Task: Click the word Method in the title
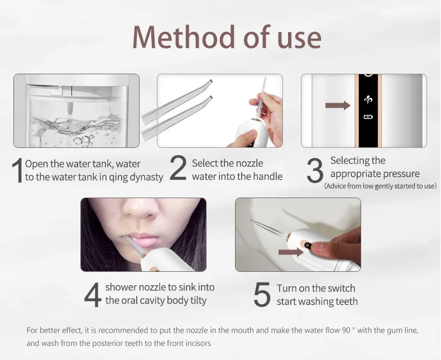tap(184, 37)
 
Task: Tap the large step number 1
tap(17, 170)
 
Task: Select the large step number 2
tap(178, 167)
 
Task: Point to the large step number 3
tap(315, 170)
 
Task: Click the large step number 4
tap(93, 295)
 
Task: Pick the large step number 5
tap(262, 295)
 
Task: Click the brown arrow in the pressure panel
tap(338, 105)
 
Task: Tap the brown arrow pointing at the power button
tap(291, 252)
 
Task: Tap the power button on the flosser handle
tap(308, 245)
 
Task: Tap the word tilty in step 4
tap(198, 300)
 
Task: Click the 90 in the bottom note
tap(346, 330)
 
